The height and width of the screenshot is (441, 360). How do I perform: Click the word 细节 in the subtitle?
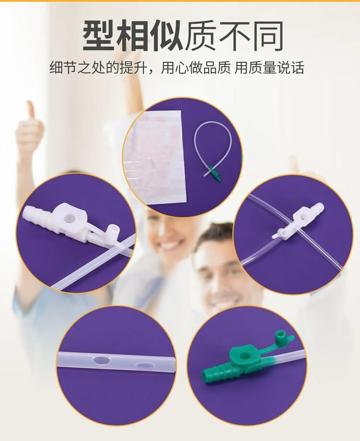pyautogui.click(x=63, y=68)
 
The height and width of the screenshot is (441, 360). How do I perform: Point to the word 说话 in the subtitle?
pyautogui.click(x=290, y=68)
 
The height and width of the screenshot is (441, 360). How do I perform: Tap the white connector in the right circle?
pyautogui.click(x=298, y=222)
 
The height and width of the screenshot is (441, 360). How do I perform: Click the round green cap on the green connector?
pyautogui.click(x=280, y=337)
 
